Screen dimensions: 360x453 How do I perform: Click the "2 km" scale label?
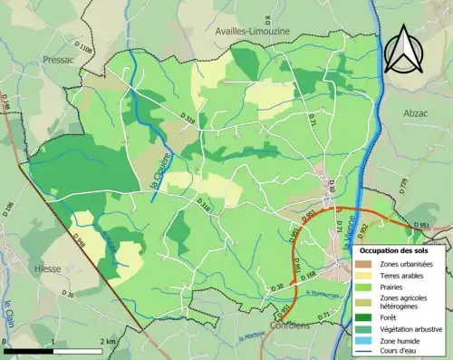tap(108, 341)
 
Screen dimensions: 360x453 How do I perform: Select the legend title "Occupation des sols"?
tap(395, 249)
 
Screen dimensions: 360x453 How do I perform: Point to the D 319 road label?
tap(189, 120)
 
